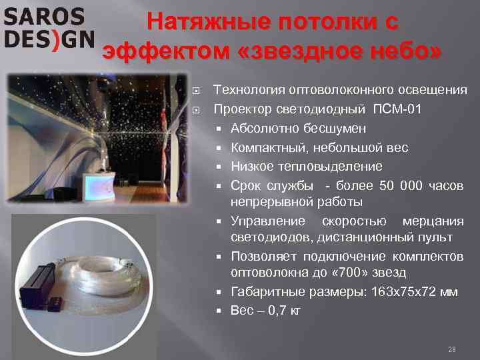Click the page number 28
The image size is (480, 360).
click(x=451, y=349)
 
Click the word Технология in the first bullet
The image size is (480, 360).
click(x=248, y=90)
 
